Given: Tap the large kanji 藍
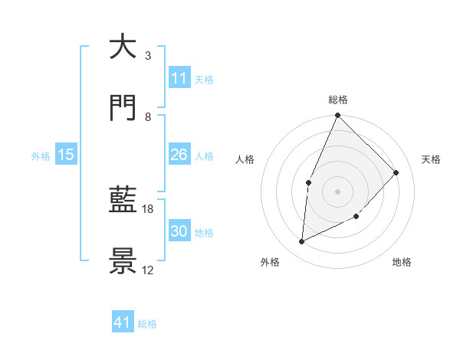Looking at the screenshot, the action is coord(123,201).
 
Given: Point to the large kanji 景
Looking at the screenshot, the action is coord(123,261).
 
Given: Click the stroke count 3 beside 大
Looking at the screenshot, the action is coord(147,55).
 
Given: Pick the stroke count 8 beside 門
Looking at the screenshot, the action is coord(147,116).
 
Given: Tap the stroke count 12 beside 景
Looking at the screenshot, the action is coord(148,270).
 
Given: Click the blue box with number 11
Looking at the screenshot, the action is coord(179,77).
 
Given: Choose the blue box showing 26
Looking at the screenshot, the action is coord(179,155).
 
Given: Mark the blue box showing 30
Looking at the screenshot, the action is coord(179,231).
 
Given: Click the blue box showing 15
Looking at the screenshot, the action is coord(66,155).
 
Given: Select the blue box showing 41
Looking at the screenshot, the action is coord(123,322).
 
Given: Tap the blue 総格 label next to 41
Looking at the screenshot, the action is coord(147,324).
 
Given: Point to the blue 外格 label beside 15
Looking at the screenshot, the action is coord(41,155).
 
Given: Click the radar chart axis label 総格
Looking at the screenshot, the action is coord(338,100).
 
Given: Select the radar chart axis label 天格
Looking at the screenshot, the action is coord(431,159).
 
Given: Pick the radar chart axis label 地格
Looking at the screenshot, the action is coord(402,262).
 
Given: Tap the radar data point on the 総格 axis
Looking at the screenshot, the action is coord(337,116).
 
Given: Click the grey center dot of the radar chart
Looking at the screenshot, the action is coord(337,191).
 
